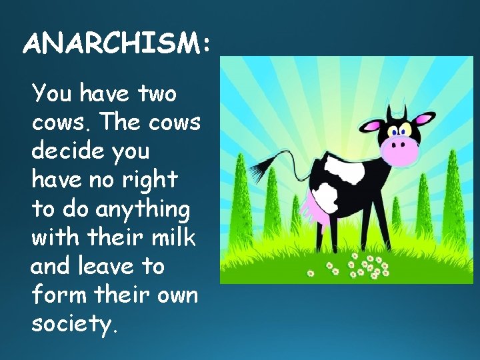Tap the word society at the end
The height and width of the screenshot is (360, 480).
73,324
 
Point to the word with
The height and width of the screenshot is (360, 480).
55,237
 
